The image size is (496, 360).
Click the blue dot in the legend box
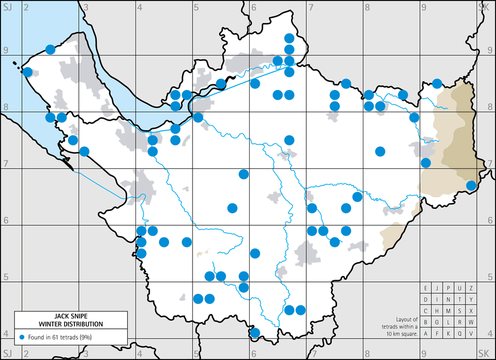click(22, 337)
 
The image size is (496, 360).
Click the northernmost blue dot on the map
click(289, 38)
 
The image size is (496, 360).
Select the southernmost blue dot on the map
click(255, 333)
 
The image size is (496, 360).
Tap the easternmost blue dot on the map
click(471, 185)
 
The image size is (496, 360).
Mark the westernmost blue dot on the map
click(27, 72)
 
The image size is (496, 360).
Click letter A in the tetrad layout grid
click(426, 334)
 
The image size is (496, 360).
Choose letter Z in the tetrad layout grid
click(471, 288)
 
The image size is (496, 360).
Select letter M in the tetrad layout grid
click(449, 311)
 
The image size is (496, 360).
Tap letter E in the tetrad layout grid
click(426, 288)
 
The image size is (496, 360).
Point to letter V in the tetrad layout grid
click(471, 334)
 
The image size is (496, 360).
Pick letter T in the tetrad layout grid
click(460, 300)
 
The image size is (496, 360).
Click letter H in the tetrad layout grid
click(437, 311)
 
